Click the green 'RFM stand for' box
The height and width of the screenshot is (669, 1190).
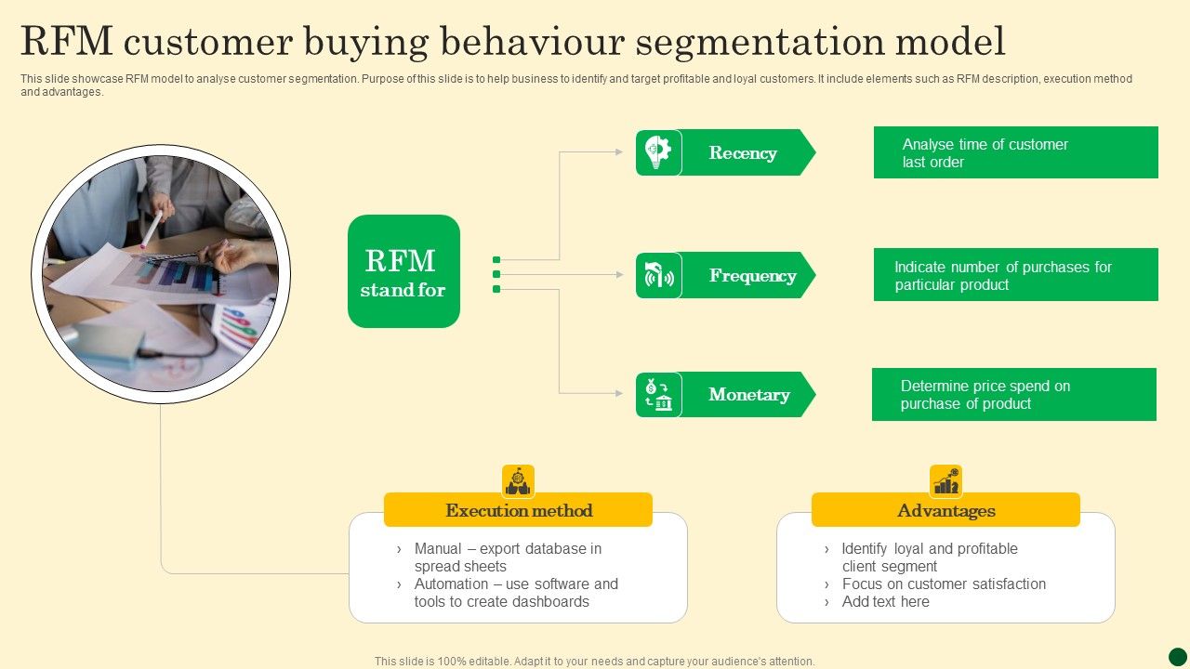point(403,271)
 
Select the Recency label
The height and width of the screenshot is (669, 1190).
point(743,153)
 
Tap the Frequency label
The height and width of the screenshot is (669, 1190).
point(752,276)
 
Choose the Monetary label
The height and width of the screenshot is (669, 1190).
point(748,395)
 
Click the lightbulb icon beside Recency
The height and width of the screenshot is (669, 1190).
point(658,152)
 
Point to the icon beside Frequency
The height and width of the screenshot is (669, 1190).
point(658,276)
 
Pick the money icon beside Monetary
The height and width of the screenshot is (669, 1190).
point(658,395)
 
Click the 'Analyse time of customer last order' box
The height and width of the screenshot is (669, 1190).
point(1015,153)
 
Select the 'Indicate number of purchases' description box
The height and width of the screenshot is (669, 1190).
point(1015,275)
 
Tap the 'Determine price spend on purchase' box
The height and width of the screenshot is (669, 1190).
point(1013,395)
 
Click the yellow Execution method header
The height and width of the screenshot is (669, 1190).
point(518,510)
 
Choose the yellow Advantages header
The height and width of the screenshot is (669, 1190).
point(945,510)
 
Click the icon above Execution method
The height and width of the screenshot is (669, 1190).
point(518,481)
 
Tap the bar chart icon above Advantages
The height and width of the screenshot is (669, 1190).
point(945,481)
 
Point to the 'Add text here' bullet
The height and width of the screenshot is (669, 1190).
point(885,602)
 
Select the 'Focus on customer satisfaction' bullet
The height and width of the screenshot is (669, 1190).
point(943,584)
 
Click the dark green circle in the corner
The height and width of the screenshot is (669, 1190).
point(1177,657)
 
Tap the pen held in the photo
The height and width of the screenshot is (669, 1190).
point(151,229)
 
